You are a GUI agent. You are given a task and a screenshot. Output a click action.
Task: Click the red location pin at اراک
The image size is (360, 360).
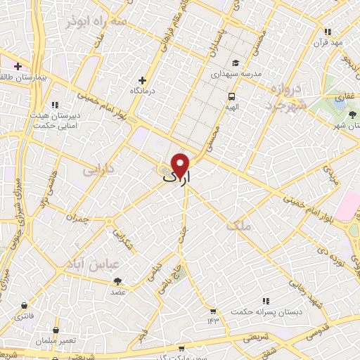tap(181, 165)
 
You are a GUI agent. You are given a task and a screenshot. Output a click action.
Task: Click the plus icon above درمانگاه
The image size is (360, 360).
tap(143, 80)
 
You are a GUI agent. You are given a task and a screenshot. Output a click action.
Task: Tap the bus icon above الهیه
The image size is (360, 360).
tap(231, 96)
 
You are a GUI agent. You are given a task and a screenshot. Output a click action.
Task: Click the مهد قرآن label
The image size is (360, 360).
tap(328, 43)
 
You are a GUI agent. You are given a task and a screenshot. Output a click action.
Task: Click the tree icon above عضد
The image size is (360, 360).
tap(117, 281)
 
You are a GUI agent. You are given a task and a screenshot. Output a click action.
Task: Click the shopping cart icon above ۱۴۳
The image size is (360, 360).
tap(212, 310)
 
